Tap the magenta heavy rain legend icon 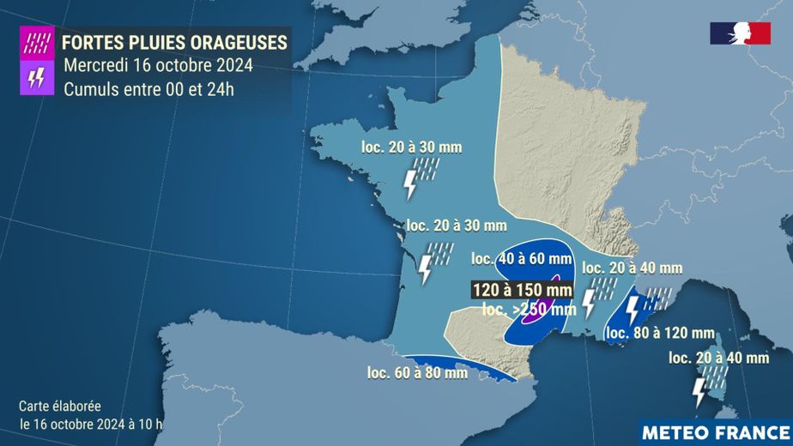37,40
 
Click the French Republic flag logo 739,33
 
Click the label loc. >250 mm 529,310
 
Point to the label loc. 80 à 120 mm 660,333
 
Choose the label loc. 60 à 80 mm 417,372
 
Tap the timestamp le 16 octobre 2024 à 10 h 90,424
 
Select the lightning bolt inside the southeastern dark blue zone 633,310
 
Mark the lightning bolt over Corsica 700,390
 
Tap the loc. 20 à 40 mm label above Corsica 717,358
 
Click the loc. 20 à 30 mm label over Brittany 411,147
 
